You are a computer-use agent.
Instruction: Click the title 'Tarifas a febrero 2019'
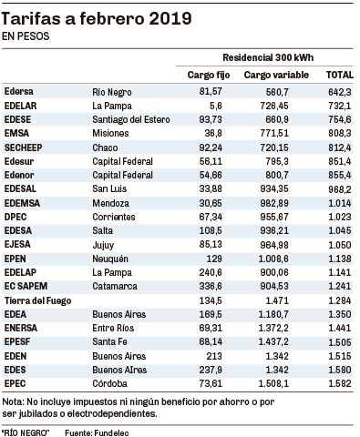tap(97, 19)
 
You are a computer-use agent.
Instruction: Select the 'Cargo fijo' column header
tap(209, 75)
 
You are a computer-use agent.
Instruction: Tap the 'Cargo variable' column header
tap(276, 75)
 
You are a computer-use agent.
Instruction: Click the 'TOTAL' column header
tap(340, 75)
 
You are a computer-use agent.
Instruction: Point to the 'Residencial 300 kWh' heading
tap(268, 57)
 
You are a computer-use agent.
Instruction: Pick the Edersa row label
tap(19, 91)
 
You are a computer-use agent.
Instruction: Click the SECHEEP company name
tap(24, 147)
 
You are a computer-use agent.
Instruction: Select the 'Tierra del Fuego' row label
tap(37, 300)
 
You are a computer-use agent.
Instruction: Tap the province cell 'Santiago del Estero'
tap(131, 119)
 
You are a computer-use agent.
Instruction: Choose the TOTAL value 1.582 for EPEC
tap(340, 383)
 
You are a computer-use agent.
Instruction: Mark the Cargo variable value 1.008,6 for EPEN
tap(273, 259)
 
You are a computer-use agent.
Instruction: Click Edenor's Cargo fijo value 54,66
tap(211, 175)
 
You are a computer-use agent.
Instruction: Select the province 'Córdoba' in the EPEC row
tap(109, 383)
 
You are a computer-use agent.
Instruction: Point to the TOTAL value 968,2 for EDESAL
tap(340, 189)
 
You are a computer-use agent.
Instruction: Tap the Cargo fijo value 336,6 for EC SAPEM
tap(211, 286)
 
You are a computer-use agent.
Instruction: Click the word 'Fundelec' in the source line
tap(111, 433)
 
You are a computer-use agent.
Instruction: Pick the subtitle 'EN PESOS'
tap(26, 36)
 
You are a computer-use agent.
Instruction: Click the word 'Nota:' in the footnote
tap(13, 401)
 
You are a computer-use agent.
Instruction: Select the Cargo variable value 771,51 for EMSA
tap(274, 133)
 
